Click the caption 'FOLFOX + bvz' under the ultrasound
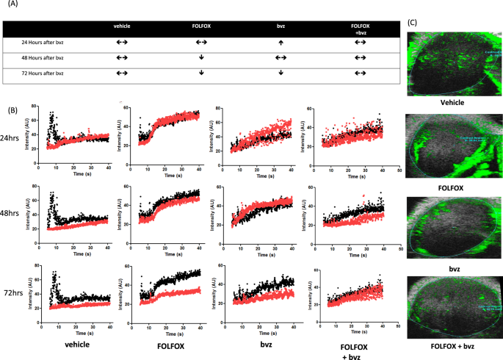[453, 344]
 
